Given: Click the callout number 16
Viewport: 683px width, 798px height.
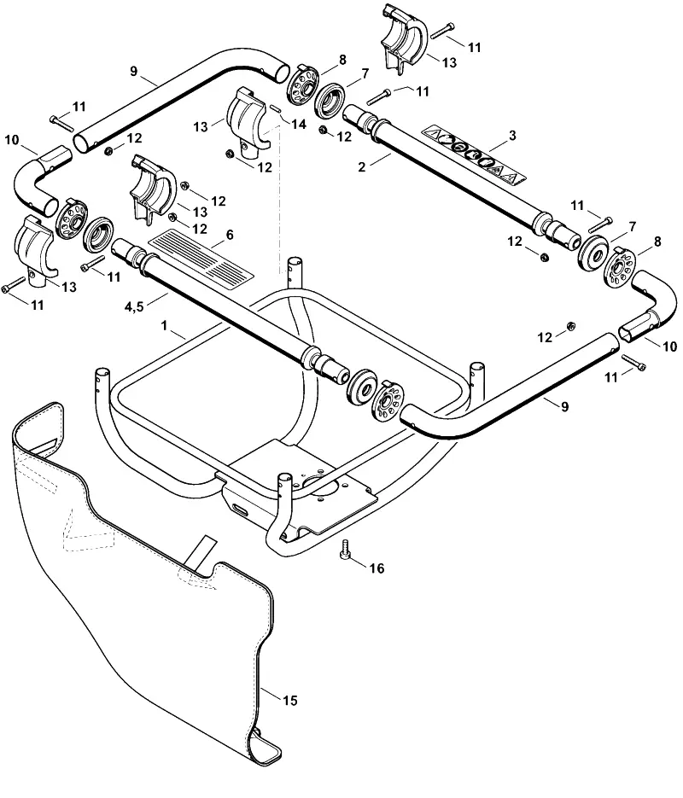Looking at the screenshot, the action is click(x=377, y=568).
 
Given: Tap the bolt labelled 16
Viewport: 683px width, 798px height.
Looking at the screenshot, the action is click(x=346, y=549).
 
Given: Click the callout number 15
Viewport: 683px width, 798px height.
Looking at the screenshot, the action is click(x=289, y=701).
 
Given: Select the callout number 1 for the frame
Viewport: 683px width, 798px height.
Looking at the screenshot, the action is click(x=164, y=326).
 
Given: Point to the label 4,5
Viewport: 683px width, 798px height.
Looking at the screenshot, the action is click(x=134, y=306).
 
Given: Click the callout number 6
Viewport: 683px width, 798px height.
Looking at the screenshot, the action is click(x=230, y=235).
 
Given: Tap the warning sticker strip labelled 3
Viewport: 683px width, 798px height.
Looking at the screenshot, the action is click(x=474, y=154).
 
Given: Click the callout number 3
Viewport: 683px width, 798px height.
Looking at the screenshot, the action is click(x=512, y=136).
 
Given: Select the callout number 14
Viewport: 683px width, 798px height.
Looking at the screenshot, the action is click(x=299, y=124).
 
